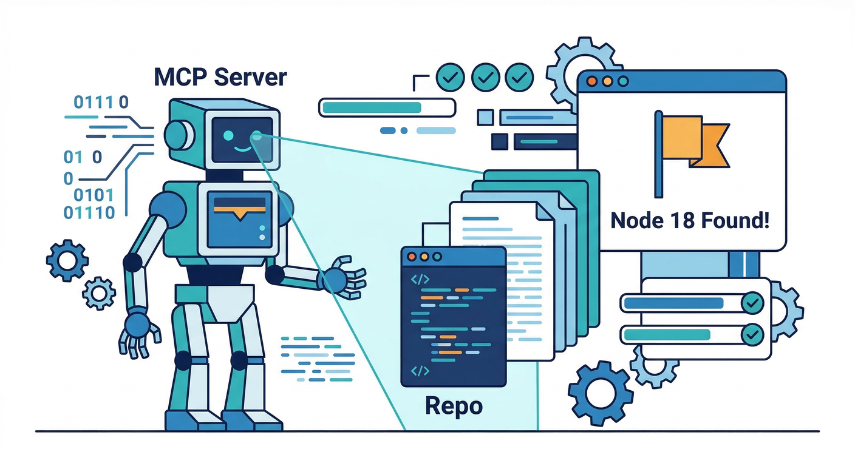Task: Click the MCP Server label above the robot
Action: (220, 78)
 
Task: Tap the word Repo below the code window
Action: (454, 405)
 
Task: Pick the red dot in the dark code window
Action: (411, 256)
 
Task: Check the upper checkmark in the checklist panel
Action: (753, 302)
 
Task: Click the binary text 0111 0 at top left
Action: (101, 102)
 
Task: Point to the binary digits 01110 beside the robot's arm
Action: (89, 212)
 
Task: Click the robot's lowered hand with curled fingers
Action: (139, 331)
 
